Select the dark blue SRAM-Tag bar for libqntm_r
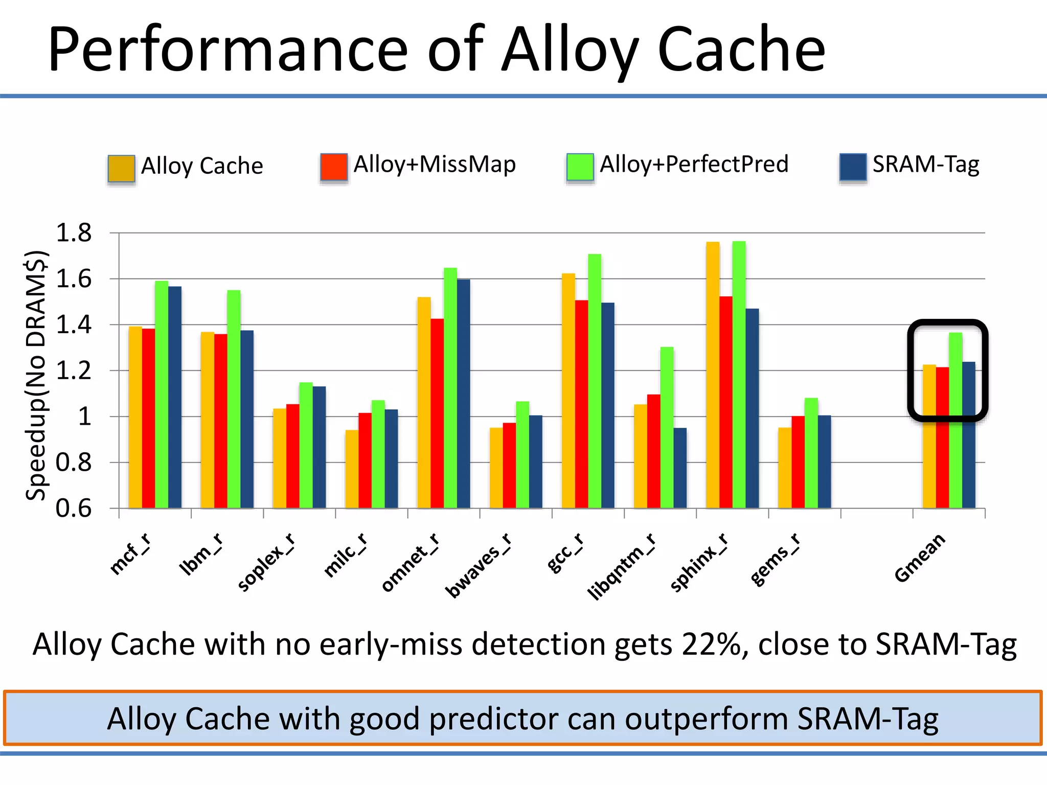(x=680, y=468)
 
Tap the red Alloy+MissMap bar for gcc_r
(x=581, y=404)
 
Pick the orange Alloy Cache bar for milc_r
(x=352, y=469)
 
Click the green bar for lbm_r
(x=234, y=399)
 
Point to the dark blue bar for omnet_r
(x=463, y=394)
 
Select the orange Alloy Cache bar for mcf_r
(x=135, y=417)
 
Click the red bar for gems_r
(x=798, y=462)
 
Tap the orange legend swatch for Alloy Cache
(x=121, y=168)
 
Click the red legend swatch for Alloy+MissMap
(x=334, y=167)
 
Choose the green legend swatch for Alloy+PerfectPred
(x=580, y=167)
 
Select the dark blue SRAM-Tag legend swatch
(x=853, y=167)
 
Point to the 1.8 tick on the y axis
(x=74, y=233)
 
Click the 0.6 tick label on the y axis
(x=74, y=509)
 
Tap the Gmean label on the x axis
(x=920, y=558)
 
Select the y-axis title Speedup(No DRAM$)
(x=37, y=376)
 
